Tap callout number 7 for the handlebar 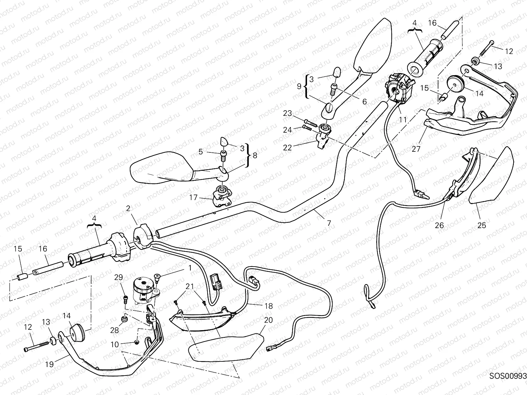329,223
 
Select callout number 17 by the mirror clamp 193,198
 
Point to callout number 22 288,148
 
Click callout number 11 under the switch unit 403,120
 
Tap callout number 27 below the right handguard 416,149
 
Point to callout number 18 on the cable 268,306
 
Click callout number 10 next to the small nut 115,345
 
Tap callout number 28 115,330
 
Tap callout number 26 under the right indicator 439,225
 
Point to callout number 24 288,130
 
